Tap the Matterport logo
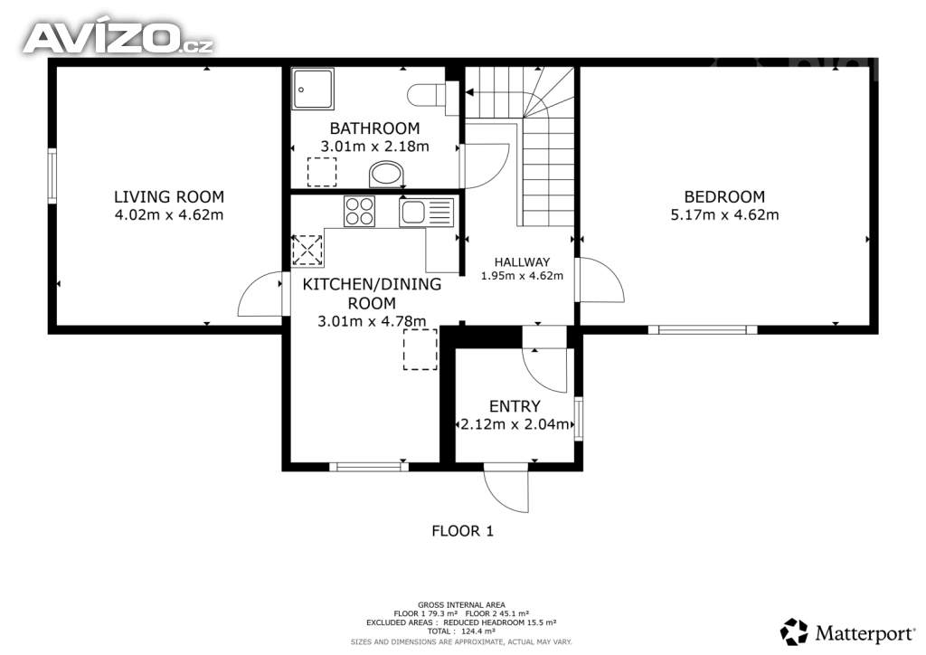point(847,632)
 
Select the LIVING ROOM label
point(169,196)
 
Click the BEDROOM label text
point(724,196)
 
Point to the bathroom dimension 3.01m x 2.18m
point(374,147)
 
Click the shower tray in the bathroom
point(312,89)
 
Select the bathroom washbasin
point(386,174)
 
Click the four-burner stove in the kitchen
point(360,212)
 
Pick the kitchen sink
point(427,213)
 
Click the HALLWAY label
point(522,262)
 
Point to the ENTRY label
point(515,406)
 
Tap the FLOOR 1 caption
point(462,531)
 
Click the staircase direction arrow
point(471,92)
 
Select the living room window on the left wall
point(52,176)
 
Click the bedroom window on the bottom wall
point(702,329)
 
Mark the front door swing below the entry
point(506,488)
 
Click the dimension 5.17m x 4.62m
point(724,215)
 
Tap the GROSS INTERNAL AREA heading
point(461,605)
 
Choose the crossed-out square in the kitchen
point(307,250)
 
